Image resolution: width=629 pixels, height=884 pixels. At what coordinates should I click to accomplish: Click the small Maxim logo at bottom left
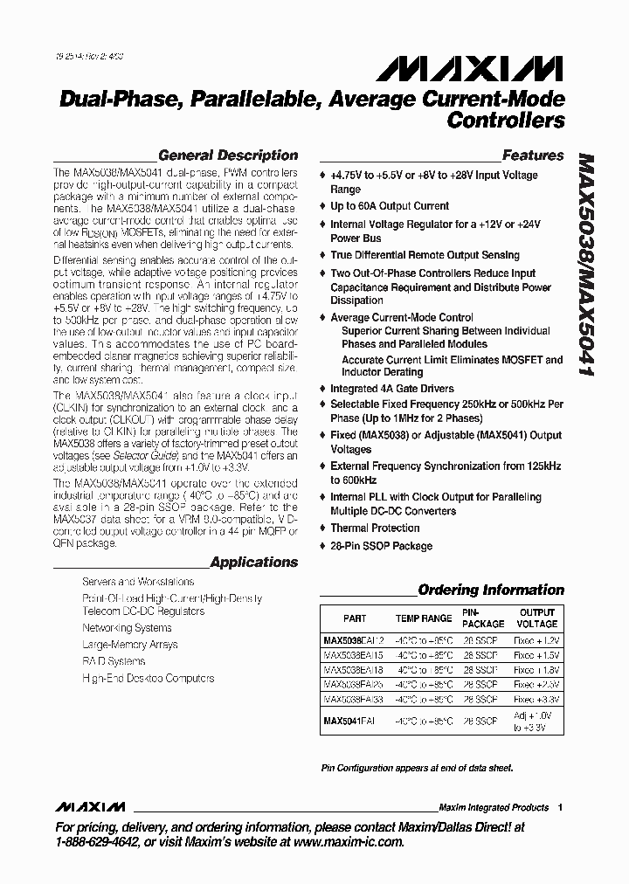pos(90,806)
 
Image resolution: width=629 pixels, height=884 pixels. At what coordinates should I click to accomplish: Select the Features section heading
pos(533,155)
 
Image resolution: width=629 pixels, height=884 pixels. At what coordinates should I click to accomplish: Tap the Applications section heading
pos(254,563)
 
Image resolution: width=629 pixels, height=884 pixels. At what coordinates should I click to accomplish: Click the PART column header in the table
pos(355,618)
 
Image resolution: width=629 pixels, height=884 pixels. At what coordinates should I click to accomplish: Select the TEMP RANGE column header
pos(424,618)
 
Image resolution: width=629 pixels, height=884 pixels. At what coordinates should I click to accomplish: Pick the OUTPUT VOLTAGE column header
pos(537,618)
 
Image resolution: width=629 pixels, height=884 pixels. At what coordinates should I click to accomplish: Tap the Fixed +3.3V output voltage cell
pos(536,700)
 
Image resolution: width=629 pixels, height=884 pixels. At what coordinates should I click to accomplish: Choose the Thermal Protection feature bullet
pos(374,528)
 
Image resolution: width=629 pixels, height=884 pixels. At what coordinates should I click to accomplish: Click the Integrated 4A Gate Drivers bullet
pos(391,388)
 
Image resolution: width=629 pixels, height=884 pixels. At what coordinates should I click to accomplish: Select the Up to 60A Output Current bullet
pos(389,206)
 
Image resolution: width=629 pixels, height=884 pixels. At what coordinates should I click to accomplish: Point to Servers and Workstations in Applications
pos(138,582)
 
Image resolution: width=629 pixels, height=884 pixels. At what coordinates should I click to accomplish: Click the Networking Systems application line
pos(127,628)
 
